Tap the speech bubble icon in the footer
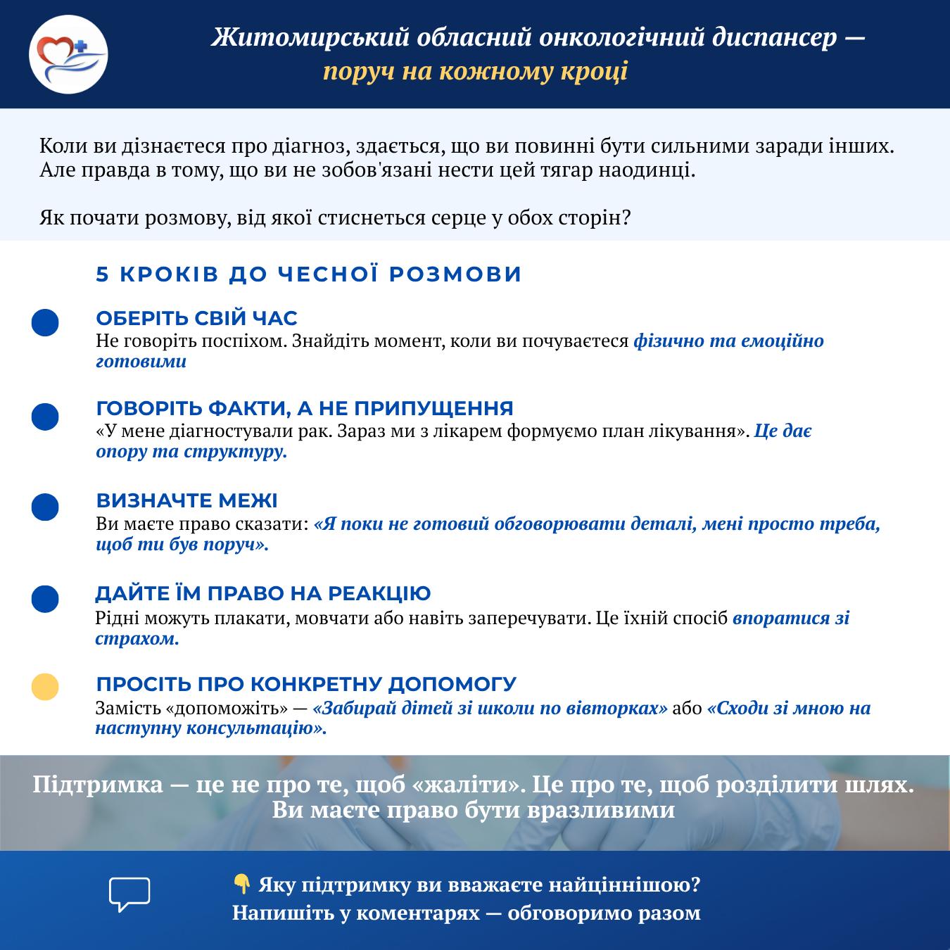(129, 894)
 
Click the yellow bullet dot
(45, 687)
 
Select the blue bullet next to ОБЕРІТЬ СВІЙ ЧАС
(45, 322)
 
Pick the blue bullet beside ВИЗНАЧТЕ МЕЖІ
(45, 507)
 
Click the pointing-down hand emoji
(241, 884)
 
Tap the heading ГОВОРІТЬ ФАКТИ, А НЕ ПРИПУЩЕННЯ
(305, 408)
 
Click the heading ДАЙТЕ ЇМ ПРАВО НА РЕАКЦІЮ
(263, 593)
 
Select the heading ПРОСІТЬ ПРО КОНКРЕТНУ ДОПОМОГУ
(306, 684)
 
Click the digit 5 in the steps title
(103, 274)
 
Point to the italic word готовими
(141, 362)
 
